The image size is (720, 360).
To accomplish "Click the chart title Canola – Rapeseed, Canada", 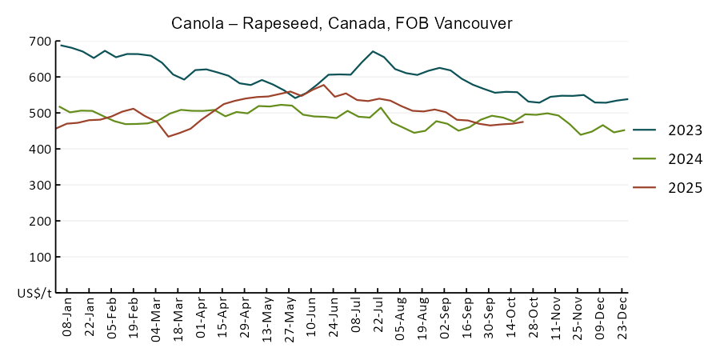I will [x=342, y=23].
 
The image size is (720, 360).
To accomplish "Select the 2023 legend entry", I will [x=685, y=130].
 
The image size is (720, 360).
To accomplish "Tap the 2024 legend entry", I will [x=685, y=159].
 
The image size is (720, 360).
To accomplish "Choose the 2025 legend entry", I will [x=685, y=188].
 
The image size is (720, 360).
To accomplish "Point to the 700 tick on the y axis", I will [x=40, y=42].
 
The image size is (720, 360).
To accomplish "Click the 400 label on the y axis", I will [x=40, y=150].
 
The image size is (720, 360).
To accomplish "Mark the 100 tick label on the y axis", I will [x=40, y=258].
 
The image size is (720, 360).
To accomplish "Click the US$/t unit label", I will [x=34, y=294].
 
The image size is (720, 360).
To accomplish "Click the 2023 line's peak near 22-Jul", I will [x=373, y=51].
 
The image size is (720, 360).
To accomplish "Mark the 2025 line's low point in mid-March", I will [x=168, y=136].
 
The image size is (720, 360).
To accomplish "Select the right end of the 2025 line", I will [x=523, y=122].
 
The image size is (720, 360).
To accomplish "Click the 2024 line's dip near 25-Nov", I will [x=581, y=134].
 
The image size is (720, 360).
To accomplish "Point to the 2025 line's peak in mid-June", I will [x=323, y=85].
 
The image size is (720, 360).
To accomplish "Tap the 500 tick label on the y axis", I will [x=40, y=114].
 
